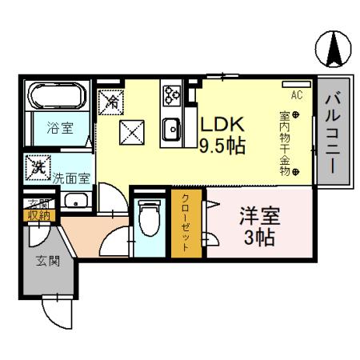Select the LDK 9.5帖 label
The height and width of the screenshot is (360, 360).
pyautogui.click(x=222, y=135)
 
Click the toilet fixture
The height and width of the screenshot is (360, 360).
pyautogui.click(x=149, y=217)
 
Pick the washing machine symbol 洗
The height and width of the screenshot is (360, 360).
pyautogui.click(x=38, y=167)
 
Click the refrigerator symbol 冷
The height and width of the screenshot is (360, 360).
pyautogui.click(x=113, y=101)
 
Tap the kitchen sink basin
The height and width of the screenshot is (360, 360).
pyautogui.click(x=170, y=128)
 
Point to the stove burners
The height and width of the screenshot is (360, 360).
pyautogui.click(x=171, y=95)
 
